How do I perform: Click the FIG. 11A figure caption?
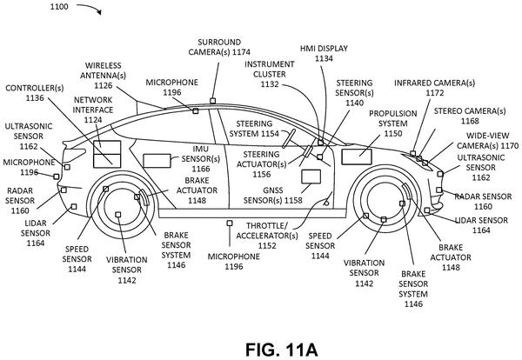click(282, 350)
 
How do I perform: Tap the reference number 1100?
click(59, 6)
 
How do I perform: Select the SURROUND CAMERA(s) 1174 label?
click(219, 47)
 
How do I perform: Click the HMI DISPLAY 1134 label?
click(324, 53)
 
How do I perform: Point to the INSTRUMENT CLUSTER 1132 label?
click(270, 74)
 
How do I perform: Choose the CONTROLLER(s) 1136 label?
click(35, 93)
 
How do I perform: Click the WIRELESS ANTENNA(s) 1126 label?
click(104, 76)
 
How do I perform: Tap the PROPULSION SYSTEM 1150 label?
click(393, 123)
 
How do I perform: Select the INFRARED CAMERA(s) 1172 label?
click(434, 88)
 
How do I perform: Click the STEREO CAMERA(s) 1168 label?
click(470, 116)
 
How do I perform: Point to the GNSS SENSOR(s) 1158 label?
click(272, 196)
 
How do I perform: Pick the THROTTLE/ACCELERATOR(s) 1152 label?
click(267, 236)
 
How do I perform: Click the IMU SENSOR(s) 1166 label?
click(201, 159)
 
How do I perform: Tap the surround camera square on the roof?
click(213, 101)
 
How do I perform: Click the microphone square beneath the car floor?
click(230, 223)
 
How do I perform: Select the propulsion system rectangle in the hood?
click(357, 157)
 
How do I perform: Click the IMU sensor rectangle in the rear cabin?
click(157, 161)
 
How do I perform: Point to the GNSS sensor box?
click(311, 177)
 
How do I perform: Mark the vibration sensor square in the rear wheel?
click(117, 215)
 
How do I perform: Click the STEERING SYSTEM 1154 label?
click(254, 129)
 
